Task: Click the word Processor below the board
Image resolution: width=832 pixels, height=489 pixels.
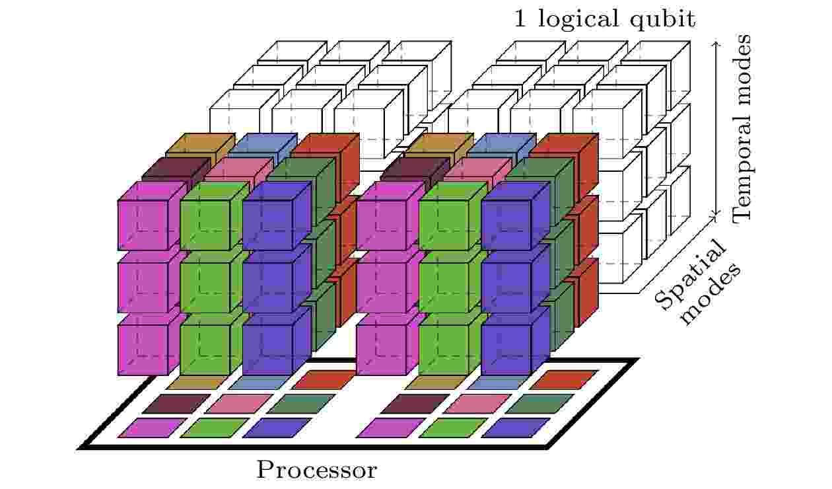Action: pyautogui.click(x=317, y=470)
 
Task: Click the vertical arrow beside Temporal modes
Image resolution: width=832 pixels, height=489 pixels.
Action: pyautogui.click(x=716, y=128)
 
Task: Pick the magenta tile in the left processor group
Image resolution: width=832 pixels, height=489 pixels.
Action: pyautogui.click(x=153, y=428)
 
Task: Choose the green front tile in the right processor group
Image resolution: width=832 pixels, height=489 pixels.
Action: pyautogui.click(x=454, y=428)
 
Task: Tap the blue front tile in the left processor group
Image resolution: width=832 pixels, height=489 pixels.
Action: pyautogui.click(x=277, y=428)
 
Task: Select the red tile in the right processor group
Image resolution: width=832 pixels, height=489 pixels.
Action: pyautogui.click(x=563, y=380)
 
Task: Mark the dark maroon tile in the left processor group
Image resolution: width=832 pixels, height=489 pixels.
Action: pyautogui.click(x=176, y=404)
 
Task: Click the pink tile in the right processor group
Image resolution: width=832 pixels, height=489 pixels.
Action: pyautogui.click(x=477, y=404)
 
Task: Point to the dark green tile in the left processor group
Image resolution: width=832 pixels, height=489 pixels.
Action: pyautogui.click(x=301, y=404)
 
